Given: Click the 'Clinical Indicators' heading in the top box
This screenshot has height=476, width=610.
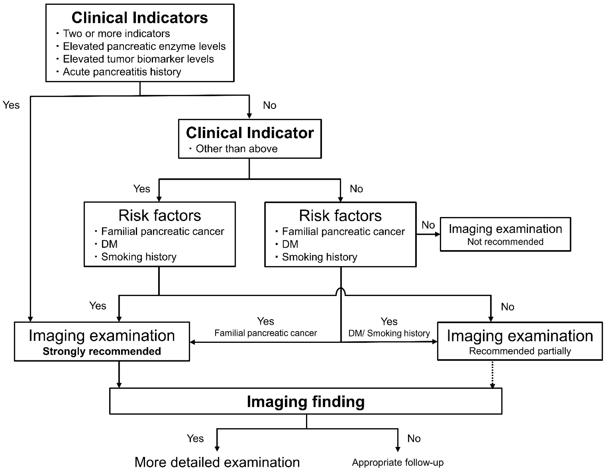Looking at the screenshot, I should pos(140,18).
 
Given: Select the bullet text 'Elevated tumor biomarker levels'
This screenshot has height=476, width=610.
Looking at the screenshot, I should pos(138,59).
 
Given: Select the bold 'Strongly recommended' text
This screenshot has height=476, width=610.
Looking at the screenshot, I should pos(102,351).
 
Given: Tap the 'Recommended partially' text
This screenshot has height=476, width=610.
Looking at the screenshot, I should pos(520,351).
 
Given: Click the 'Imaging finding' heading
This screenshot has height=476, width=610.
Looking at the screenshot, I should pos(306,402).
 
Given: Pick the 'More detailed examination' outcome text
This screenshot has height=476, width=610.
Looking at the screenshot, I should pos(217,462).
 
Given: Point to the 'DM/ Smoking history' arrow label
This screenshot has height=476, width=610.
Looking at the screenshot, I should pos(389,333).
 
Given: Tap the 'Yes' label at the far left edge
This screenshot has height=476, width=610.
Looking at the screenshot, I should pos(11,105).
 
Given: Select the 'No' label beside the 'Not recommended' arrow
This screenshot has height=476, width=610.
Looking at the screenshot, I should pos(428,225).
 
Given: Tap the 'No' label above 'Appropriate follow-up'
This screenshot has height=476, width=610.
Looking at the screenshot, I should pos(414,439).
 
